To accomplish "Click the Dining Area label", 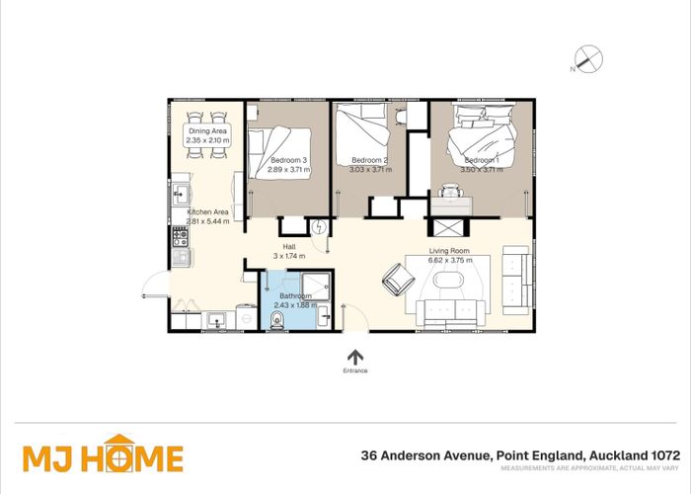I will [208, 131].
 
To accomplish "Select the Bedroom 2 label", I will [371, 160].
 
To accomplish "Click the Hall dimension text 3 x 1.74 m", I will [290, 256].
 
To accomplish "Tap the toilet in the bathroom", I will [277, 319].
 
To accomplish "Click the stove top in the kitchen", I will [181, 237].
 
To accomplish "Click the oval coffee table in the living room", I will [454, 282].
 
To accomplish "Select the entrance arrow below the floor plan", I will [355, 356].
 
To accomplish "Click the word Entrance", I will [355, 370].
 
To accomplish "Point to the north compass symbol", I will [589, 60].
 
